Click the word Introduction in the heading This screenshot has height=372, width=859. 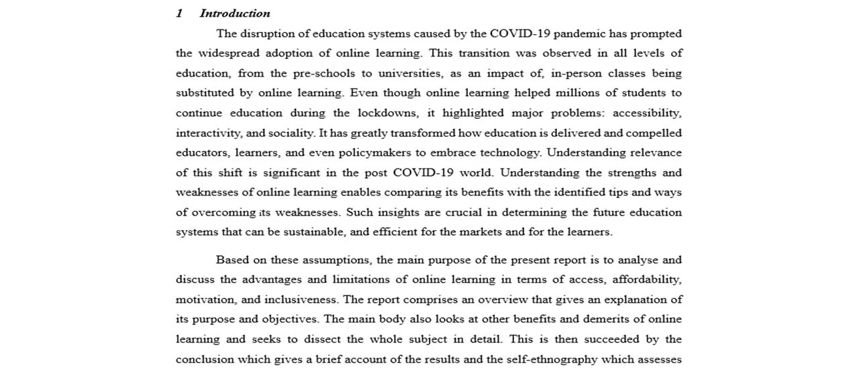tap(235, 13)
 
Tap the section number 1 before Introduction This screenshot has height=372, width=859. tap(179, 13)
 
